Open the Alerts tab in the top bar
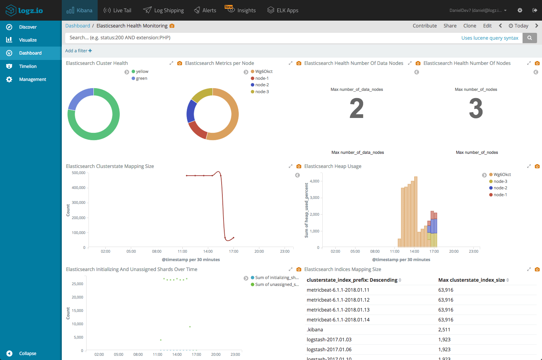pos(205,10)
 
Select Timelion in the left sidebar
pos(28,66)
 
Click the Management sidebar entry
pos(32,79)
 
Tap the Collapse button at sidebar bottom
pos(27,354)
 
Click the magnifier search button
pos(529,38)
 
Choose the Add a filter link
pos(78,51)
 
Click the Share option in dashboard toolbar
pos(450,26)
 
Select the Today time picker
pos(518,26)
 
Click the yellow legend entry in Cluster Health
pos(142,72)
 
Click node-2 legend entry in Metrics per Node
pos(262,85)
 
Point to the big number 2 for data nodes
pos(357,108)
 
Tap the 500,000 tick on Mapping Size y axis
pos(79,173)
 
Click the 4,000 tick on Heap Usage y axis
pos(314,181)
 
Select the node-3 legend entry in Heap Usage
pos(500,182)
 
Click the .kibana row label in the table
pos(315,330)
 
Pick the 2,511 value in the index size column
pos(444,330)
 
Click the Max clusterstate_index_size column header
pos(471,280)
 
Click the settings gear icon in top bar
pos(520,10)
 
